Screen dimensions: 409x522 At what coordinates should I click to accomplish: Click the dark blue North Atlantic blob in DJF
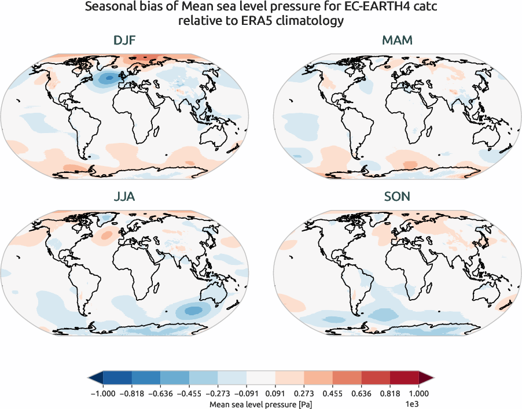106,79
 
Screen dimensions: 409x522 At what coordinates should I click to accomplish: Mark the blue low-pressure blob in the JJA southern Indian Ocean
194,310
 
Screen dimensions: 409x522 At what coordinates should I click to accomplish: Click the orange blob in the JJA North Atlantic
106,235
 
